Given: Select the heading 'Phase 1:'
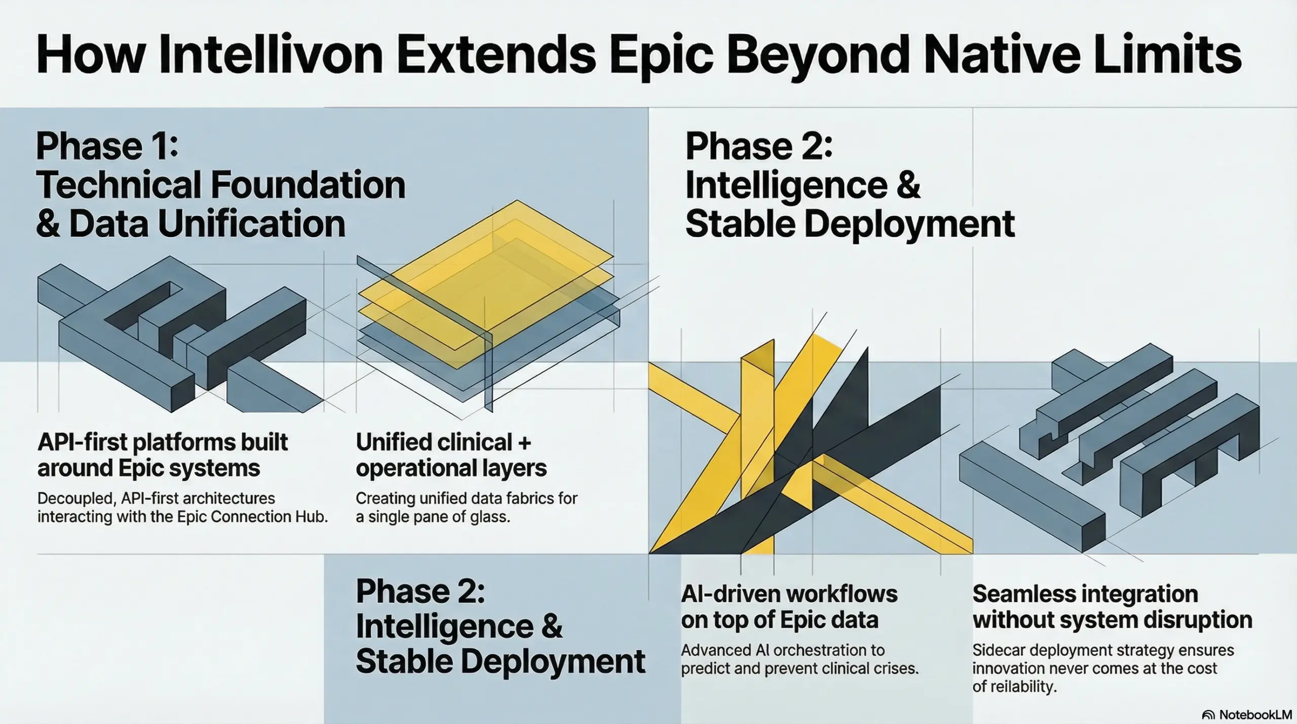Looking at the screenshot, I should (107, 146).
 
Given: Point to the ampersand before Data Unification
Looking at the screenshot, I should (48, 224).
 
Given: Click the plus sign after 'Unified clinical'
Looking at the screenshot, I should (524, 443).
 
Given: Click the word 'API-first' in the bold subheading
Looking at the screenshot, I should (82, 443).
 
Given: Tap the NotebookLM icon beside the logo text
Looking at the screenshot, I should (1208, 715).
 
